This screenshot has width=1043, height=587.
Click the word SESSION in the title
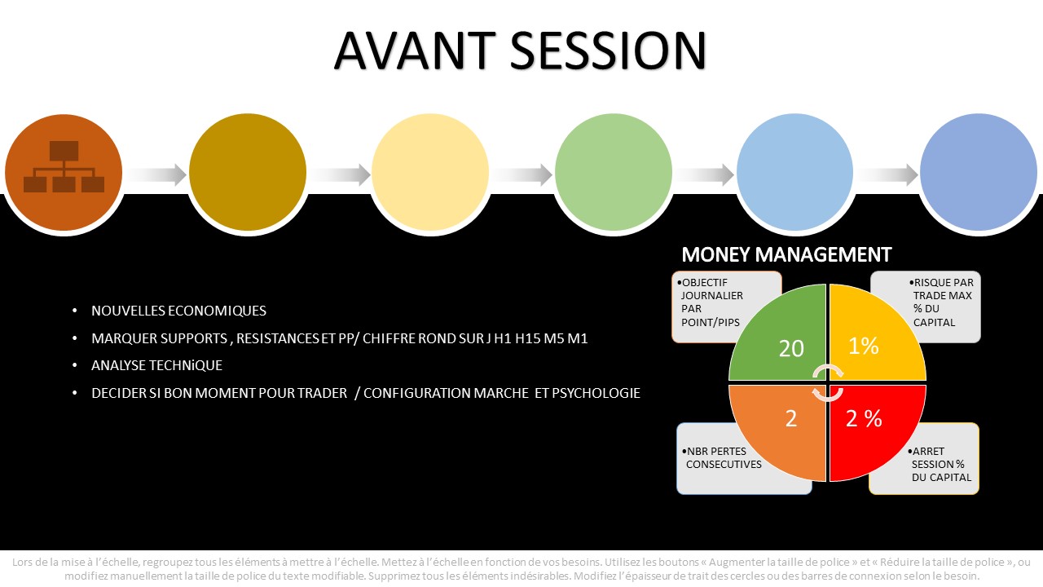pos(609,51)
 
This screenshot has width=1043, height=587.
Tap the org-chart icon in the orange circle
pos(64,166)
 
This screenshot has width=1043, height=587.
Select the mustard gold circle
pos(247,172)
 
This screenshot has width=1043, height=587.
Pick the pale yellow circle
pos(430,172)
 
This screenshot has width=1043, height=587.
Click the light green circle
pos(614,172)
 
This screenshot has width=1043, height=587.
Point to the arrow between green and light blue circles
pos(705,174)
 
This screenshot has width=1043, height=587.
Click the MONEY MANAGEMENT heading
pos(786,255)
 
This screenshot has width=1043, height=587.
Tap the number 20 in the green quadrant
pos(791,348)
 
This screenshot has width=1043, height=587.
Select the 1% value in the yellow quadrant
pos(864,346)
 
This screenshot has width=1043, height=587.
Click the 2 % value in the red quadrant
pos(864,418)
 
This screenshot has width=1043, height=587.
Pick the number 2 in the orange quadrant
pos(791,419)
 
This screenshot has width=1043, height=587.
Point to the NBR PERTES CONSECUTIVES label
pos(722,457)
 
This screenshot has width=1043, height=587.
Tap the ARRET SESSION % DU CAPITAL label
pos(940,464)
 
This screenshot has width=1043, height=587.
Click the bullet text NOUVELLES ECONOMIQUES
pos(178,311)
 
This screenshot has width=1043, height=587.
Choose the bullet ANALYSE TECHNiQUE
pos(157,365)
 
